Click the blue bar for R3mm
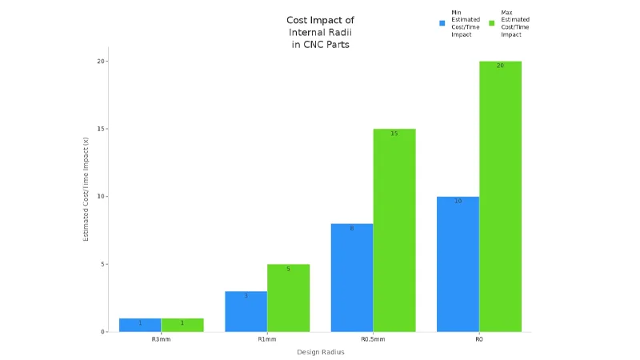(x=140, y=325)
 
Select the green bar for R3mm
(x=182, y=325)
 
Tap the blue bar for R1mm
(x=246, y=311)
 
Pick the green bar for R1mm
(x=288, y=298)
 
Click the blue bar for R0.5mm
(x=352, y=278)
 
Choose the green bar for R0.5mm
(x=394, y=230)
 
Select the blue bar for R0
(x=458, y=264)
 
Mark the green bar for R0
(x=500, y=196)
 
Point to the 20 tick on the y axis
(x=102, y=62)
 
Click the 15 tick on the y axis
(x=102, y=129)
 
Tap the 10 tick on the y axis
(x=102, y=197)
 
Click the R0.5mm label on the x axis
(x=373, y=340)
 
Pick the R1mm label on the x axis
(x=267, y=340)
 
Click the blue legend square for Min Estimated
(x=442, y=23)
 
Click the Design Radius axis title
(x=320, y=352)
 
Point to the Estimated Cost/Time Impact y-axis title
(x=86, y=190)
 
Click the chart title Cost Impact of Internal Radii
(x=320, y=32)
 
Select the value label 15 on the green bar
(x=394, y=134)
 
